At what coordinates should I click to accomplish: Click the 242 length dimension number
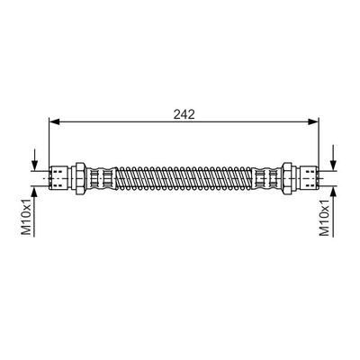[x=184, y=114]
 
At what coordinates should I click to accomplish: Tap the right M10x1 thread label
[x=324, y=216]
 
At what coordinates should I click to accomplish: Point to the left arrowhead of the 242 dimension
[x=55, y=121]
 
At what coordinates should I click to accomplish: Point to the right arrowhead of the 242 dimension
[x=313, y=121]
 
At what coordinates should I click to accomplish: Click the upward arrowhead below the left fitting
[x=34, y=192]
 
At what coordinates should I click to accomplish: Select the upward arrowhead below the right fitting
[x=333, y=192]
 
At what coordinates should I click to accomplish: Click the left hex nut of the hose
[x=81, y=178]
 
